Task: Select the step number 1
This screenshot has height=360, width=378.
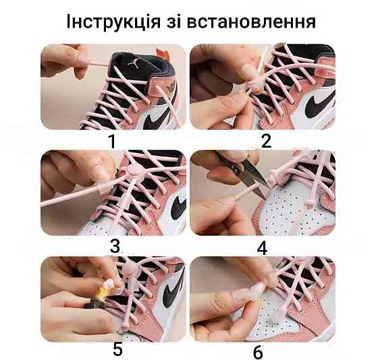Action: click(x=112, y=141)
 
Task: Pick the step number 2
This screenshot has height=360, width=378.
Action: click(x=265, y=141)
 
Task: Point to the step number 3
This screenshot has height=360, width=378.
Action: click(x=115, y=247)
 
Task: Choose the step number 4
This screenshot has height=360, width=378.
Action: click(x=263, y=247)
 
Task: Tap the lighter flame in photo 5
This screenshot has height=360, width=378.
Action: click(x=103, y=294)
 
